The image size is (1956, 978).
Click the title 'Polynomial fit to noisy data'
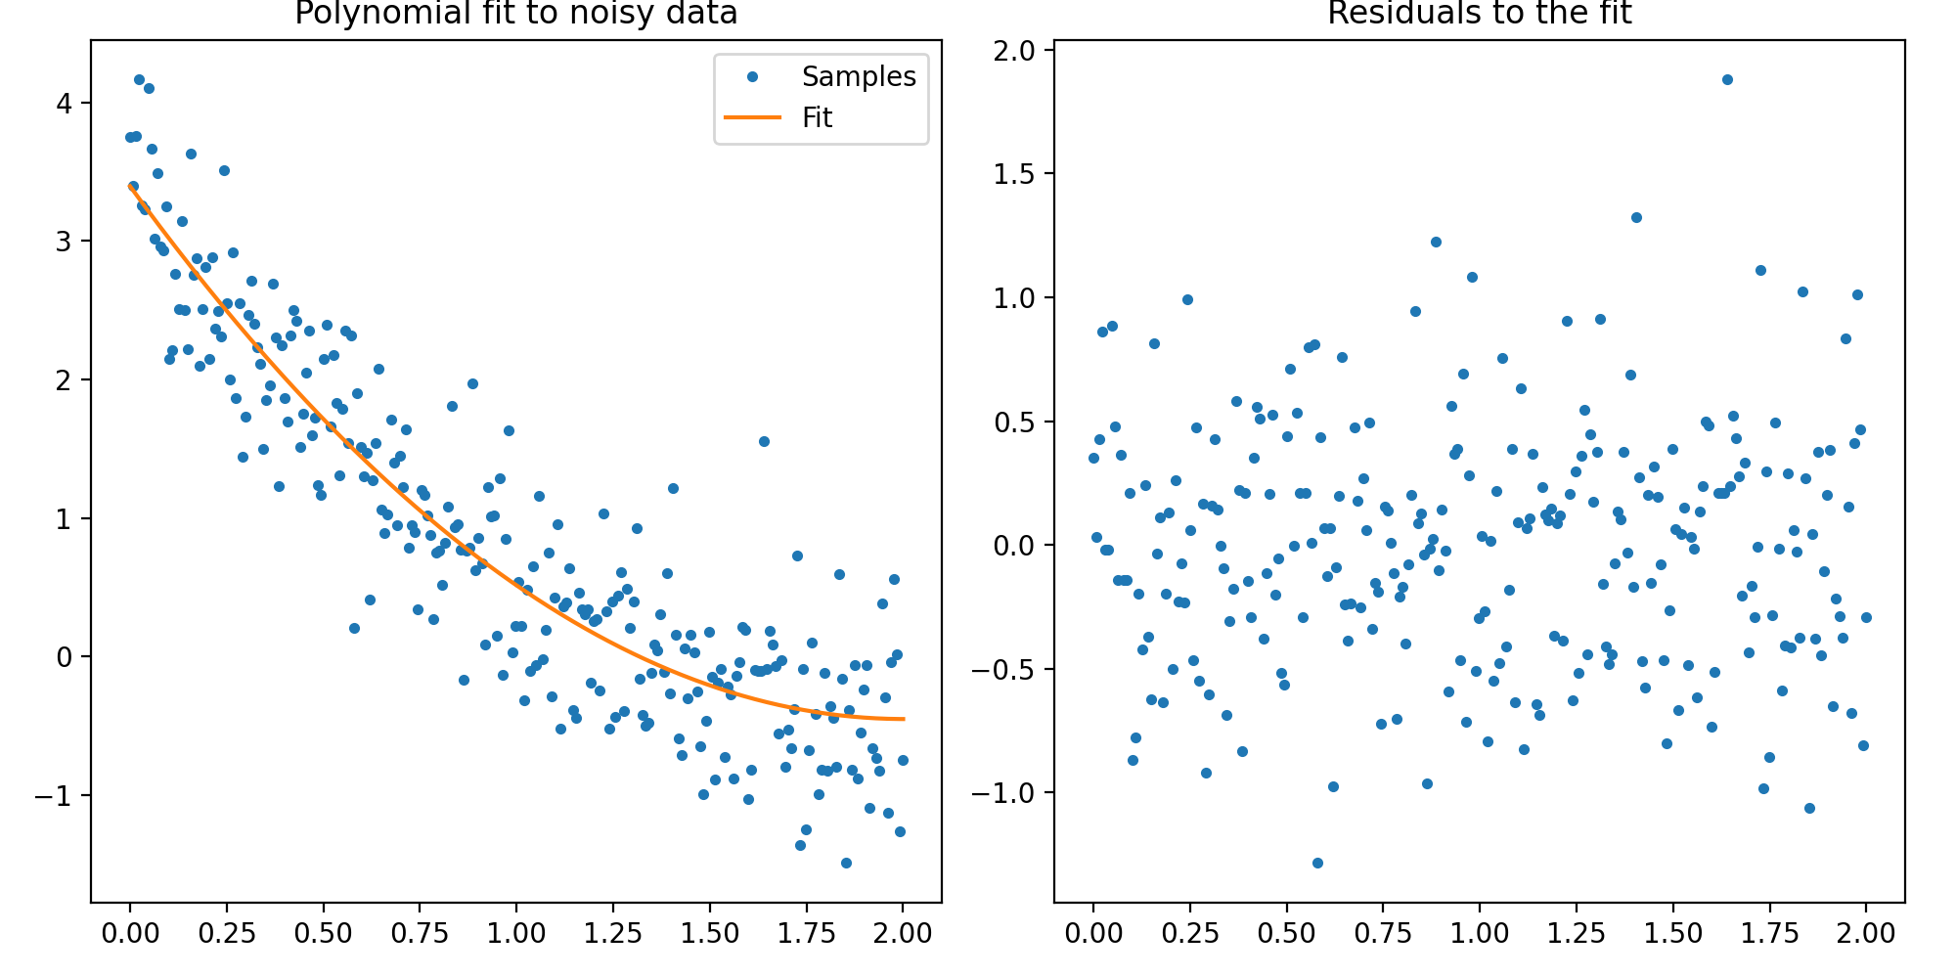point(515,15)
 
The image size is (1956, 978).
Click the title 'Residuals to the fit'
point(1479,15)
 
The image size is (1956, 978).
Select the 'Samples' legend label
point(859,76)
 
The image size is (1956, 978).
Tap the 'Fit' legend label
point(817,117)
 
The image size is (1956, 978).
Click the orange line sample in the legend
point(752,117)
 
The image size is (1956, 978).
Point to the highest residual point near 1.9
point(1727,79)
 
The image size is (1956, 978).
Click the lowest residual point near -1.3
point(1317,863)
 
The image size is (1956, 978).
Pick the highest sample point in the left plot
point(139,79)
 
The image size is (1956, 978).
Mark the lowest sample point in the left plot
point(846,863)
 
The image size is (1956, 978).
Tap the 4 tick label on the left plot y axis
point(65,103)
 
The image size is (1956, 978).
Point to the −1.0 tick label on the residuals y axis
point(1002,793)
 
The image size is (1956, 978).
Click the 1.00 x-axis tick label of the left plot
point(515,933)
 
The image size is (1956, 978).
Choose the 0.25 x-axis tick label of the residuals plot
point(1189,933)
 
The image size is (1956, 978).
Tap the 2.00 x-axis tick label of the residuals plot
point(1865,933)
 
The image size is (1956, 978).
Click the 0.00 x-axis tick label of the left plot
point(129,933)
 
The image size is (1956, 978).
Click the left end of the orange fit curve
point(130,185)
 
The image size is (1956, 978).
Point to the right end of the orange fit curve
point(903,719)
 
